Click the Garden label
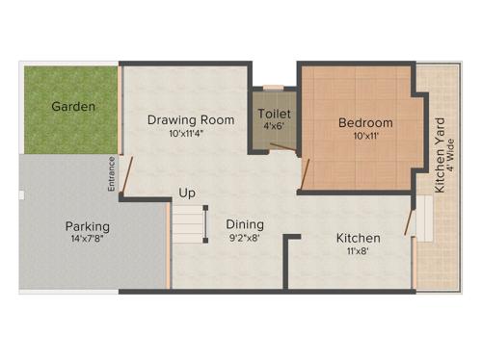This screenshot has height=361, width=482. tap(73, 106)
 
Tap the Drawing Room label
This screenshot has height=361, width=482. tap(191, 120)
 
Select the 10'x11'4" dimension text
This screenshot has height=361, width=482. tap(191, 134)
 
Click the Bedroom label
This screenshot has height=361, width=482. tap(365, 123)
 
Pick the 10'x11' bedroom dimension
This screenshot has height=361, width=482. tap(365, 137)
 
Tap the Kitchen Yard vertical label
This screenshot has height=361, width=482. tap(440, 154)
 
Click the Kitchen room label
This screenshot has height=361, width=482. tap(358, 238)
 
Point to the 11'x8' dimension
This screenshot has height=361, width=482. tap(358, 251)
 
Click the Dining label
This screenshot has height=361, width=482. tap(245, 224)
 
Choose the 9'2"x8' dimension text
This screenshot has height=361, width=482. tap(245, 238)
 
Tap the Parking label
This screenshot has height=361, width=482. tap(88, 226)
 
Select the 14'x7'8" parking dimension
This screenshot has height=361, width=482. tap(88, 240)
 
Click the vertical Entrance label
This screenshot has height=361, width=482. tap(112, 173)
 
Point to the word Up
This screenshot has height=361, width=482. tap(187, 193)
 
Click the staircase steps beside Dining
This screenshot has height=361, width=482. tap(189, 224)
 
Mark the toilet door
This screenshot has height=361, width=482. tap(279, 147)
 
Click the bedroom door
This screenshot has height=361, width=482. tap(306, 173)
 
